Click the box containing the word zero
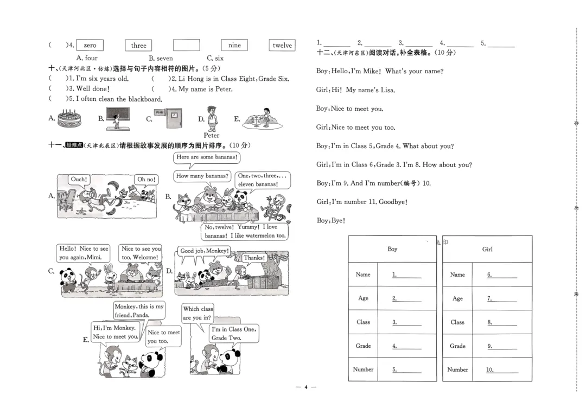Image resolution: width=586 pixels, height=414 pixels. click(90, 46)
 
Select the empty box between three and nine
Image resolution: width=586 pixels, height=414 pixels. click(186, 46)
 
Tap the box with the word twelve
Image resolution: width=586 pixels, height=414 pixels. click(282, 46)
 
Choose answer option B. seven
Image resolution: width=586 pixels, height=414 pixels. click(161, 58)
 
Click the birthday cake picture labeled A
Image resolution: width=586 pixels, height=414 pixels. click(69, 118)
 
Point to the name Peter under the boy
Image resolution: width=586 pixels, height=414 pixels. click(212, 136)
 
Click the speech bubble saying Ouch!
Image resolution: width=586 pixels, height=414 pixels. click(79, 180)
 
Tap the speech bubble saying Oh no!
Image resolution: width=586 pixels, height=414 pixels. click(146, 180)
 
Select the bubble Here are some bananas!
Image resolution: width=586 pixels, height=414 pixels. click(207, 157)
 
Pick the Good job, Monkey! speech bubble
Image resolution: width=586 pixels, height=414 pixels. click(205, 251)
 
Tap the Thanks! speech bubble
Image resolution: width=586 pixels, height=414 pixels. click(254, 258)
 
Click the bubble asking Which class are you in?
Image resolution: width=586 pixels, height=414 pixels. click(198, 313)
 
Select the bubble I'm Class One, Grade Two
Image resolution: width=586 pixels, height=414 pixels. click(234, 333)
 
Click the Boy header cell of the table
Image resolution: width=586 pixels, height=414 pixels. click(392, 249)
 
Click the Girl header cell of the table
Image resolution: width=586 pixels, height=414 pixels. click(487, 249)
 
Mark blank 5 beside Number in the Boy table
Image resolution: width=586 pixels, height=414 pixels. click(407, 370)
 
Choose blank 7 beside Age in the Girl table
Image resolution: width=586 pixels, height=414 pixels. click(502, 298)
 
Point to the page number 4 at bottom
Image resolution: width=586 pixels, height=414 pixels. click(305, 387)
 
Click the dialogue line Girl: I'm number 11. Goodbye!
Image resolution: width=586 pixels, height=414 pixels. click(362, 202)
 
